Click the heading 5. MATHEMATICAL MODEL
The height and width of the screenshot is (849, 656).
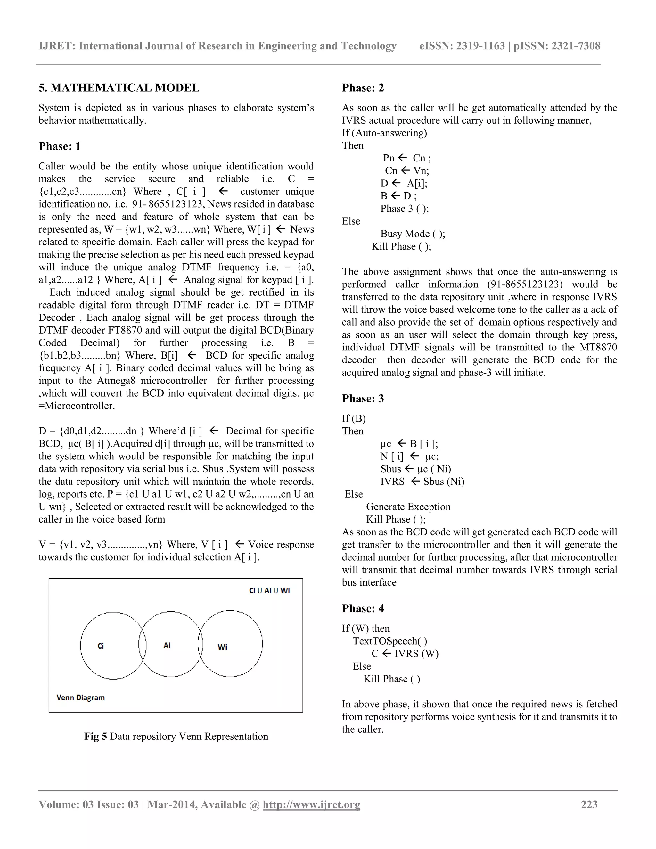click(119, 88)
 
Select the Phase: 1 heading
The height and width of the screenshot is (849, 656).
click(60, 146)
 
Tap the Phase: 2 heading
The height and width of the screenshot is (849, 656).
click(363, 88)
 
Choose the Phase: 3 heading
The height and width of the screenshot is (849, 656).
click(363, 399)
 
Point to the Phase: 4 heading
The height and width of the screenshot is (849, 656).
click(363, 608)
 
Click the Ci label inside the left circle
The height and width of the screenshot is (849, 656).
click(101, 646)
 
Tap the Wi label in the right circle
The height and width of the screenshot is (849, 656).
click(222, 647)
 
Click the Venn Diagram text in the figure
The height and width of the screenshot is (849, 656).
click(80, 697)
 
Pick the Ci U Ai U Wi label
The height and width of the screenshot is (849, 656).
click(269, 591)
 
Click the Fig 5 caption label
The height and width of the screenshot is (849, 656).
click(95, 736)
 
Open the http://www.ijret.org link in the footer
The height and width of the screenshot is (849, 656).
click(311, 804)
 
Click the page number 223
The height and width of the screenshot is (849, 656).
click(589, 804)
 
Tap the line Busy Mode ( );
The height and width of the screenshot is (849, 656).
click(412, 234)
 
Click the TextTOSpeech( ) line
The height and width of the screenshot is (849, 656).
click(390, 641)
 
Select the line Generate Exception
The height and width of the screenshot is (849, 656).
click(408, 507)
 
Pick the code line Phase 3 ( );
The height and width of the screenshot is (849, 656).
click(405, 209)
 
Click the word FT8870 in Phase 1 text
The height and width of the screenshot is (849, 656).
click(126, 330)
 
